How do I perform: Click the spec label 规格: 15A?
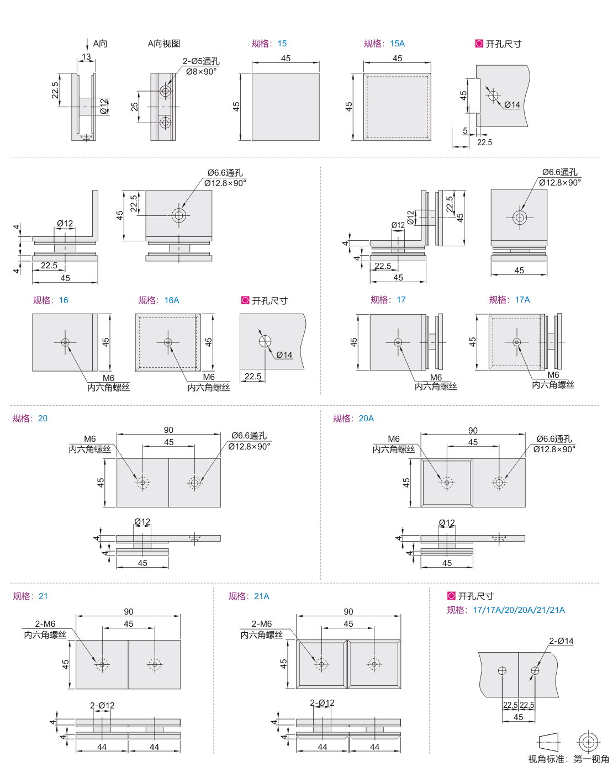384,44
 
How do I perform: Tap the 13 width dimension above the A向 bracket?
86,57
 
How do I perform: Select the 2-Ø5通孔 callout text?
201,61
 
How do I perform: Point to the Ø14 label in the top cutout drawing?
512,105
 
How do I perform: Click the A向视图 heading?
164,44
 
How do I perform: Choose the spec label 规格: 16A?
158,300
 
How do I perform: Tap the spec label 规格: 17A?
509,299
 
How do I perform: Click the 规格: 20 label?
30,418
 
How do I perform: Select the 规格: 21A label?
249,596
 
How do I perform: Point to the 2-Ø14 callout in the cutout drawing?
561,641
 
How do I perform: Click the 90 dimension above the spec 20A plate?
473,430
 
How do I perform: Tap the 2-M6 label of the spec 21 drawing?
45,623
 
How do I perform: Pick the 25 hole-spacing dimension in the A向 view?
134,107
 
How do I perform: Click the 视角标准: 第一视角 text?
568,759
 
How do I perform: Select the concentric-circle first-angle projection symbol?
588,742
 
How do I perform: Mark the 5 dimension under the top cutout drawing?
465,131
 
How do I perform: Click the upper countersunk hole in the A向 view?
165,91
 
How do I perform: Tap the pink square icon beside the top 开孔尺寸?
479,44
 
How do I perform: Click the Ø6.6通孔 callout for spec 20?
249,435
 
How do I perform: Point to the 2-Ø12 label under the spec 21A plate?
322,702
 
